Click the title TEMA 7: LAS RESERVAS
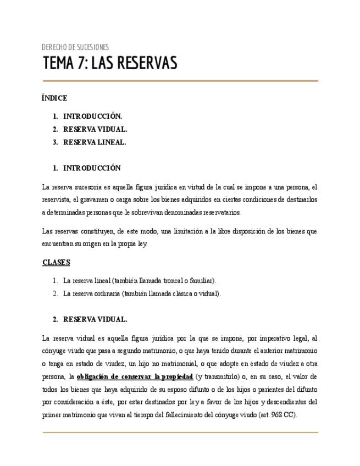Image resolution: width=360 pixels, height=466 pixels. point(110,64)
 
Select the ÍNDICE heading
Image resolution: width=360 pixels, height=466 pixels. point(54,98)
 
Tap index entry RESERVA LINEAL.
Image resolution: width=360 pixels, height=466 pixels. point(95,142)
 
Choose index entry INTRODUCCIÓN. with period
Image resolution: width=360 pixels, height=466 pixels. point(92,116)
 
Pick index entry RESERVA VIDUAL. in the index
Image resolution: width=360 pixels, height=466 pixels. point(95,130)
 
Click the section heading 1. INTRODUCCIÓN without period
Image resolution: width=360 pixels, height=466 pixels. point(91,168)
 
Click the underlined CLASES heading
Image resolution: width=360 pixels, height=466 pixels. point(56,262)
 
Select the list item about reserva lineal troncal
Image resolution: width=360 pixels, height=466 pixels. point(140,280)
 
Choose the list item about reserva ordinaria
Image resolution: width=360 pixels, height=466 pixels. point(142,293)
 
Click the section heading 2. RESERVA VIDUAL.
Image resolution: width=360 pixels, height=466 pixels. point(95,319)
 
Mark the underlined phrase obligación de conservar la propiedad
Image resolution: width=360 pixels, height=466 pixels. point(135,376)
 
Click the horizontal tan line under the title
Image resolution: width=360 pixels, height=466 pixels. point(180,81)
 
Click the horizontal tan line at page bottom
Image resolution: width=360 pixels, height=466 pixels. point(180,432)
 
